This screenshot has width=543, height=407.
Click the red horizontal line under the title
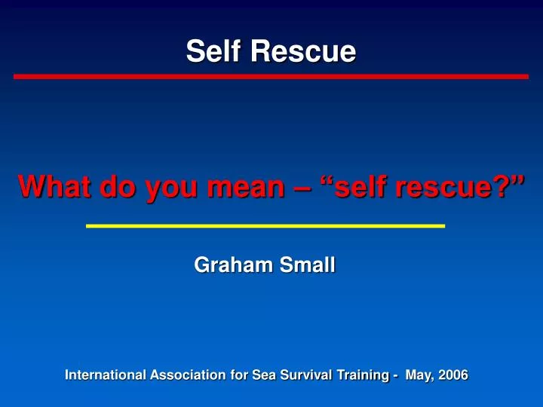point(271,77)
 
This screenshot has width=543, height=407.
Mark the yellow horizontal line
point(265,225)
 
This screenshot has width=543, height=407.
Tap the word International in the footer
point(104,375)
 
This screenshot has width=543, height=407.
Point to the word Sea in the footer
point(265,375)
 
